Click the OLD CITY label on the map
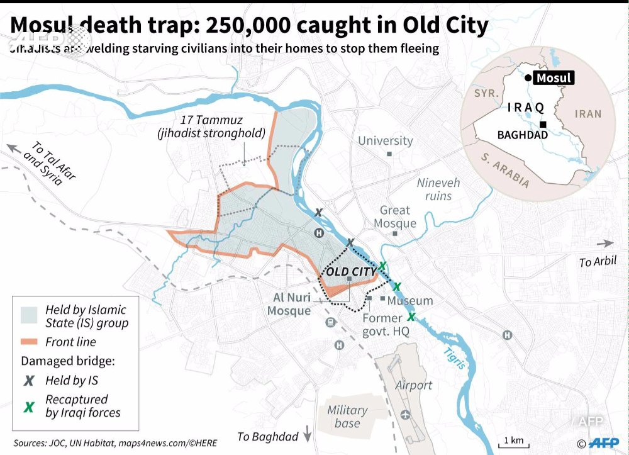tap(351, 272)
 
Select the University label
tap(386, 141)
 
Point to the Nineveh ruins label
tap(438, 189)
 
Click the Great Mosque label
tap(395, 216)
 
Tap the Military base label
tap(347, 417)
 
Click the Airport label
tap(413, 385)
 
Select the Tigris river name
tap(454, 357)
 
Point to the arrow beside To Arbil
tap(605, 244)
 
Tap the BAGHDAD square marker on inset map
tap(542, 125)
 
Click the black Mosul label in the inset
tap(554, 78)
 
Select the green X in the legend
tap(29, 407)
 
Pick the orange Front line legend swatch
tap(30, 342)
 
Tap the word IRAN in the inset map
tap(588, 114)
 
